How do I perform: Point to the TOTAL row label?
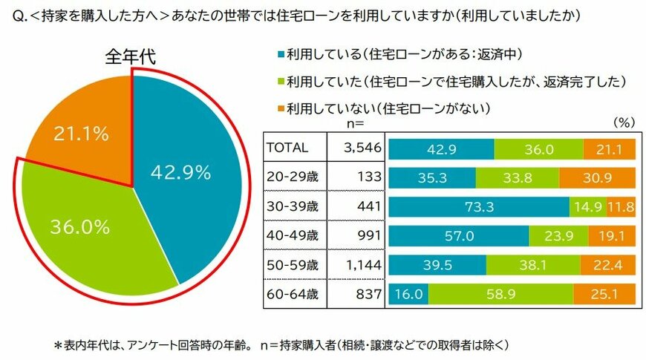[287, 148]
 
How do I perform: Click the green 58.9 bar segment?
[501, 294]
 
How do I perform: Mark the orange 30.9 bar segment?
[597, 177]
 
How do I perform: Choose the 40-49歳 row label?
[293, 235]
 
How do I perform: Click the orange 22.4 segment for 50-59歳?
[608, 265]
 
